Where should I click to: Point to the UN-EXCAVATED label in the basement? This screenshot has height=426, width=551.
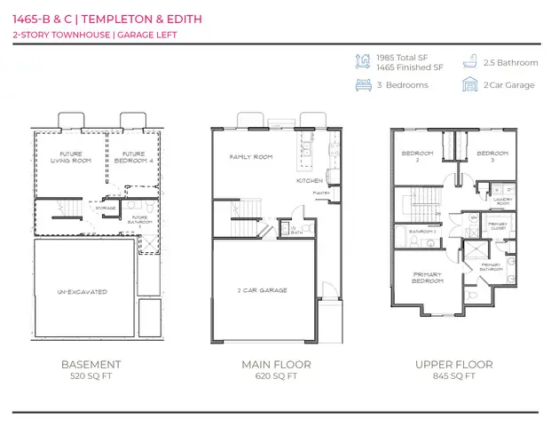[x=82, y=291]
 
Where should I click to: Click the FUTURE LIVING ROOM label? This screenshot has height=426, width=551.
[x=65, y=157]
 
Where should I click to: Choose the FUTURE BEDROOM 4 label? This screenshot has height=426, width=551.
[x=134, y=157]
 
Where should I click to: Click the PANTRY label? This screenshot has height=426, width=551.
[x=320, y=192]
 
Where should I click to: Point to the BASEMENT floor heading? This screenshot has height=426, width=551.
[x=91, y=364]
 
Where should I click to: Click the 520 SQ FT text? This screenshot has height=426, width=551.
[x=91, y=376]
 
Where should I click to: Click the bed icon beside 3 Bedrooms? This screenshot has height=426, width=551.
[x=362, y=85]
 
